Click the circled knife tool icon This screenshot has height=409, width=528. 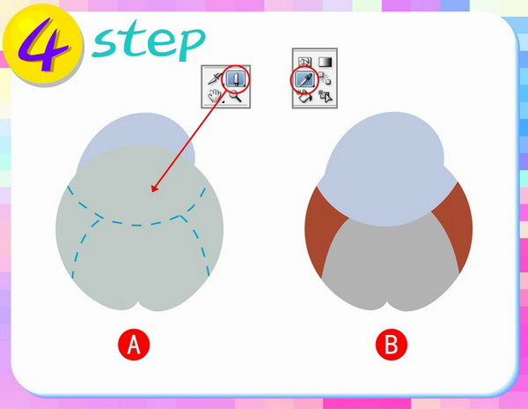point(237,79)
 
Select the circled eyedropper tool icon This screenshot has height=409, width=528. point(305,80)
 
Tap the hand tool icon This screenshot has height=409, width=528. point(215,95)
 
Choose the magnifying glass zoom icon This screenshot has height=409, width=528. point(236,96)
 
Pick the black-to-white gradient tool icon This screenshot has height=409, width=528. point(325,62)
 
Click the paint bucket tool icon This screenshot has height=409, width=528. point(304,97)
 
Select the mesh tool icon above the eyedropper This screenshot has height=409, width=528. point(304,62)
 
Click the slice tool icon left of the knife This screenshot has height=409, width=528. point(215,78)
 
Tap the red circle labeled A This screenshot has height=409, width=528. point(134,345)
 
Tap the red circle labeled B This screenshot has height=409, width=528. point(392,345)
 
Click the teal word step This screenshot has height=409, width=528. point(148,41)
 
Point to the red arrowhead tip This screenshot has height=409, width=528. point(151,192)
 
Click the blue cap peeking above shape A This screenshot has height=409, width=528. point(135,130)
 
